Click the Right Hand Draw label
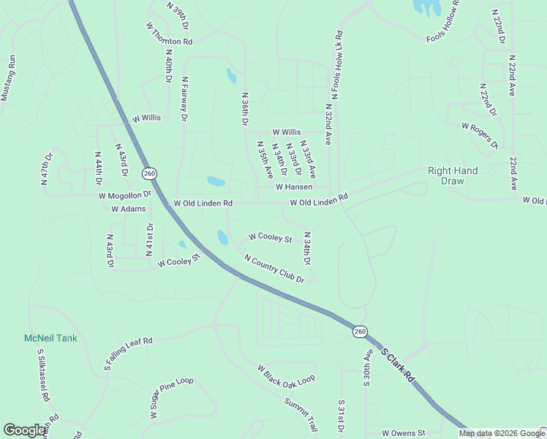(453, 176)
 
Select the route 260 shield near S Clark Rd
(360, 331)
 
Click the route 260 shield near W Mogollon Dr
(150, 173)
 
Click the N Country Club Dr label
(274, 269)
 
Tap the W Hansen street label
(294, 187)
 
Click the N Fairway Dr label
(185, 98)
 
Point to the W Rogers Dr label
(479, 135)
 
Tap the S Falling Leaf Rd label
(128, 353)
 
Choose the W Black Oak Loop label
(286, 375)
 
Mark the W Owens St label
(403, 433)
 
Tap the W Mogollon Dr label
(124, 195)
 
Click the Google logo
(24, 430)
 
